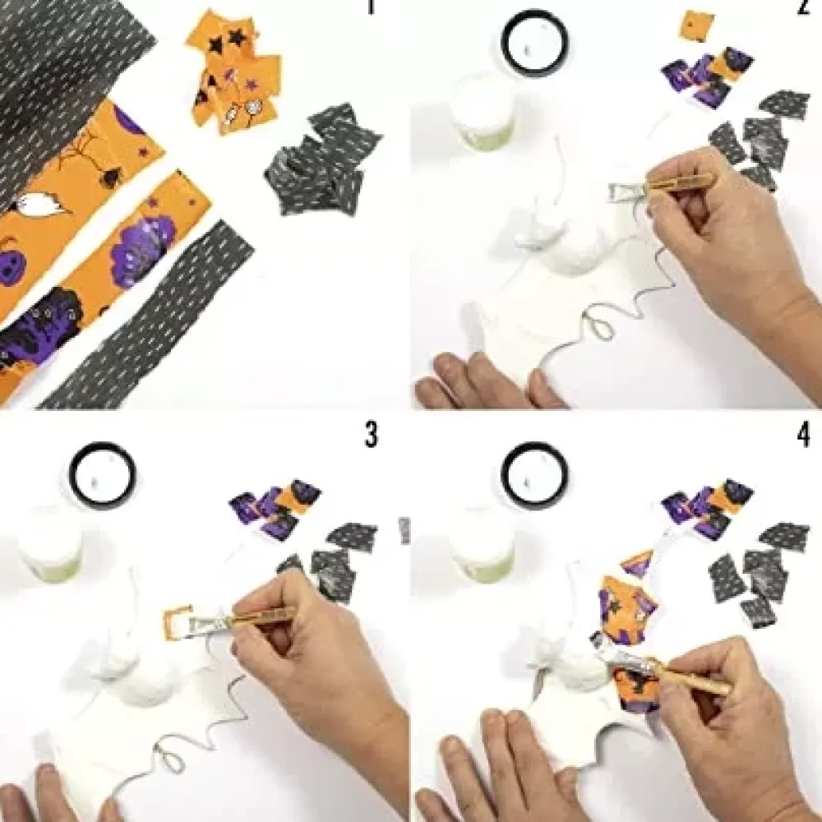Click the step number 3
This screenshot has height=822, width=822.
coord(372,435)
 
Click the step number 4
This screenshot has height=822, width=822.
coord(803,435)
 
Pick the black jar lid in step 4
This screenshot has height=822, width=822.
coord(535,474)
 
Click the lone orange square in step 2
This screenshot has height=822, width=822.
coord(697,25)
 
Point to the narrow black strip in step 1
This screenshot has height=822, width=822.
coord(147,315)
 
